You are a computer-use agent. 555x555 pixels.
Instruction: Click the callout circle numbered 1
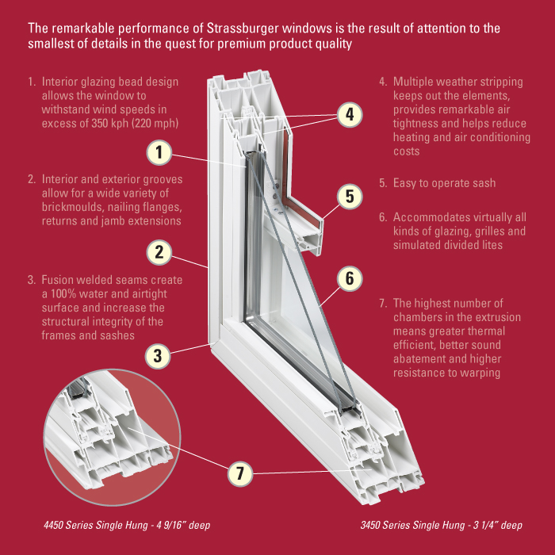tap(159, 151)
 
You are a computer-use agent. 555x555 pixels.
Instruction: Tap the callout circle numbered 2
tap(159, 253)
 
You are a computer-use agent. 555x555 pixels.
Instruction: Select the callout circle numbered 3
tap(159, 354)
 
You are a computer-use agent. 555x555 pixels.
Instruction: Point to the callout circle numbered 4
tap(349, 115)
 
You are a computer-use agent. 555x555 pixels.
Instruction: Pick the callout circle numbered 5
tap(349, 195)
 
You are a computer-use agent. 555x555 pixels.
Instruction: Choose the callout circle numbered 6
tap(349, 278)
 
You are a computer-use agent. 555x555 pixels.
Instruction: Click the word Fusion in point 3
tap(57, 281)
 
